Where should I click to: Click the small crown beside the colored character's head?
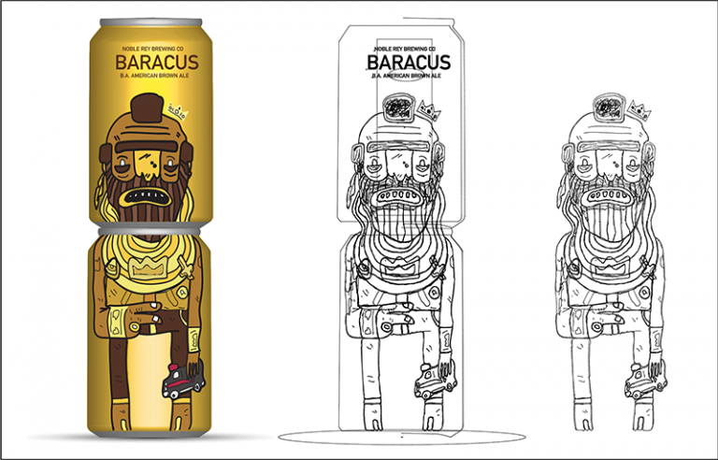click(178, 114)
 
